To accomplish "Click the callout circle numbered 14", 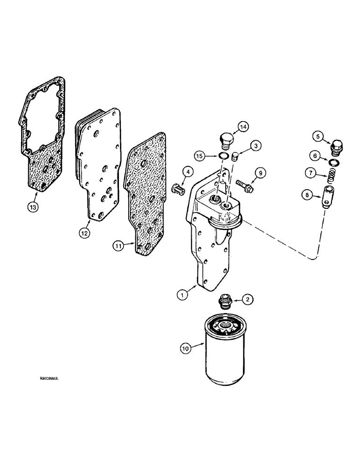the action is click(x=243, y=126).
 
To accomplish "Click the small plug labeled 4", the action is click(x=177, y=189).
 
